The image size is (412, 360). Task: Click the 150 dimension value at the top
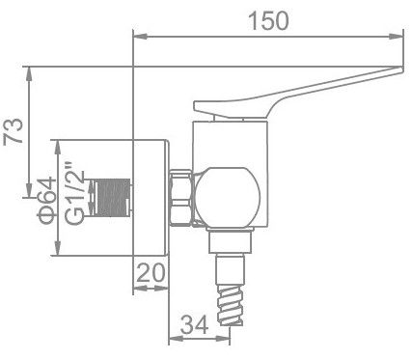click(x=267, y=21)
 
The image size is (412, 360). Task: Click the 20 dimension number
click(x=151, y=273)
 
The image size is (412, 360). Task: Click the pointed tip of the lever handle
click(x=397, y=69)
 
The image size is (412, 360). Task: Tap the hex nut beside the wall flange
click(x=181, y=198)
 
